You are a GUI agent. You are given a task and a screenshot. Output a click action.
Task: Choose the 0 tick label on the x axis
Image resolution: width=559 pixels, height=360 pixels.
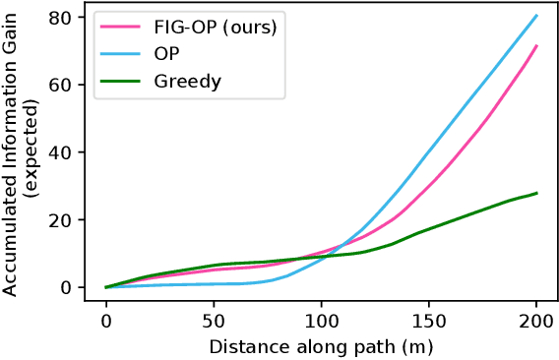coord(106,321)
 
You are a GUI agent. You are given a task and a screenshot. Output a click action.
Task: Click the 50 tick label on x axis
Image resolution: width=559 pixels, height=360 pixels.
coord(214,321)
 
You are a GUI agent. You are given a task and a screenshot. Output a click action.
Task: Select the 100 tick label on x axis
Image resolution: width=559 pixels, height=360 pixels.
coord(321,321)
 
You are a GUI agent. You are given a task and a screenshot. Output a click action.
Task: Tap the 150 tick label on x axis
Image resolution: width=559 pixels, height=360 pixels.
coord(429,321)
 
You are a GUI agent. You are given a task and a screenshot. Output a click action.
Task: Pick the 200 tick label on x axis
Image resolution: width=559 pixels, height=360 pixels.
coord(536,321)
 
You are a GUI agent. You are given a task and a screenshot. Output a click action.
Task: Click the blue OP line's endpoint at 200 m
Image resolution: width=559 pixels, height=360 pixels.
coord(536,15)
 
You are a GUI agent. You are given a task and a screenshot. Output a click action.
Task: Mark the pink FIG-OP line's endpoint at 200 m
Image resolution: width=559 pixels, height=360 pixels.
coord(536,45)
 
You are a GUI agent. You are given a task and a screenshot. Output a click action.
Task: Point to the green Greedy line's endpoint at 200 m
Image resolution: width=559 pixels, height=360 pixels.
coord(536,193)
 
